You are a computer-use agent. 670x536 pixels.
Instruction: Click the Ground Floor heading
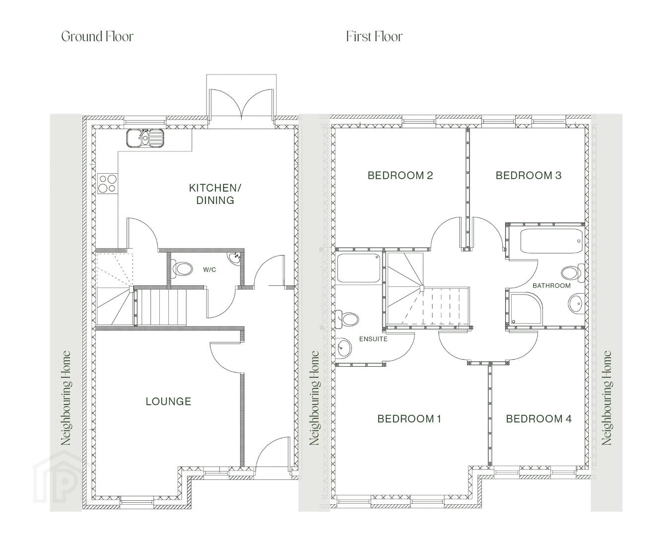[x=97, y=37]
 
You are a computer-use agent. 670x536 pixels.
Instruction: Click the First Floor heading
[x=374, y=36]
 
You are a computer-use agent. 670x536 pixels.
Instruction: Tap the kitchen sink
[x=145, y=137]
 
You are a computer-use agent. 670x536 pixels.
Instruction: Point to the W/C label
[x=209, y=269]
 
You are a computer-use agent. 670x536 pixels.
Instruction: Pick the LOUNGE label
[x=168, y=402]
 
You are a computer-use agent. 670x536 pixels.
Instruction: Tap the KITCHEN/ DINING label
[x=215, y=194]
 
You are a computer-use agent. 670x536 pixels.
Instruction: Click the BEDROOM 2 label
[x=400, y=175]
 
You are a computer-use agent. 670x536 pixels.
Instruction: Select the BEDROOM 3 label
[x=529, y=175]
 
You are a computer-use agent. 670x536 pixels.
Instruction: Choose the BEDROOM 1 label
[x=409, y=419]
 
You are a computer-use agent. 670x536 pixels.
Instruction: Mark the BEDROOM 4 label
[x=538, y=419]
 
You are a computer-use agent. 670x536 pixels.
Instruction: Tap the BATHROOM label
[x=551, y=285]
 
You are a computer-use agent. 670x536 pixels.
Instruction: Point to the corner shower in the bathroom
[x=526, y=308]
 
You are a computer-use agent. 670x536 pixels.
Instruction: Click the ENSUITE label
[x=373, y=339]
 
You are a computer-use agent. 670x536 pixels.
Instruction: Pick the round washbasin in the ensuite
[x=344, y=347]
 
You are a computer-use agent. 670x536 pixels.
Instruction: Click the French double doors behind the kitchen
[x=241, y=104]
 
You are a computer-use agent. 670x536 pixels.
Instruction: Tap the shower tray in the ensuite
[x=359, y=268]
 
